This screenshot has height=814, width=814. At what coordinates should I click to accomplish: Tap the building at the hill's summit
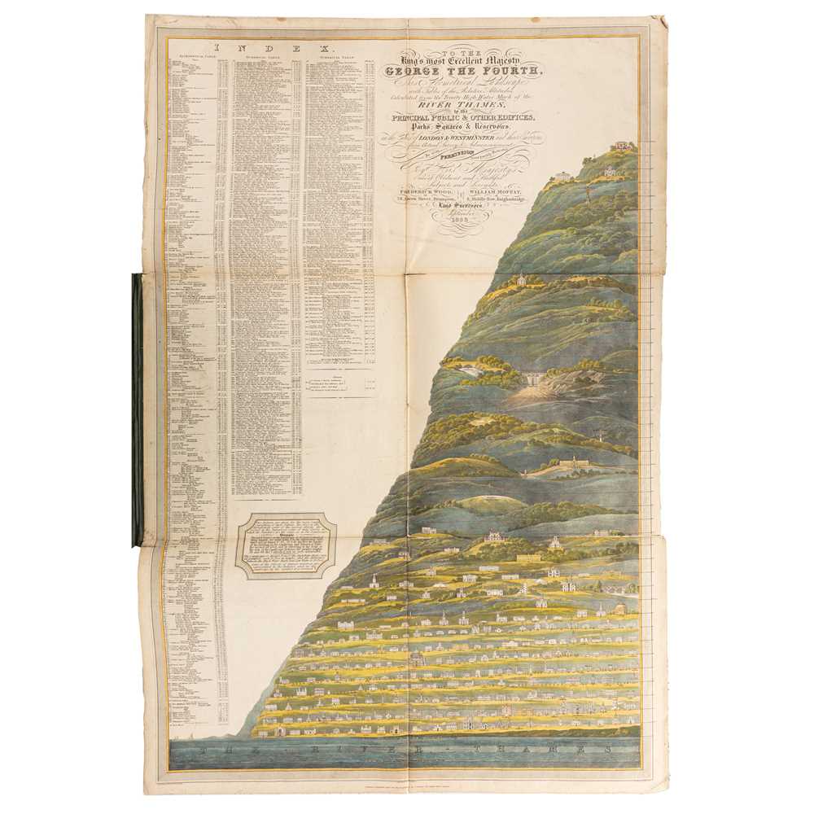click(623, 147)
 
